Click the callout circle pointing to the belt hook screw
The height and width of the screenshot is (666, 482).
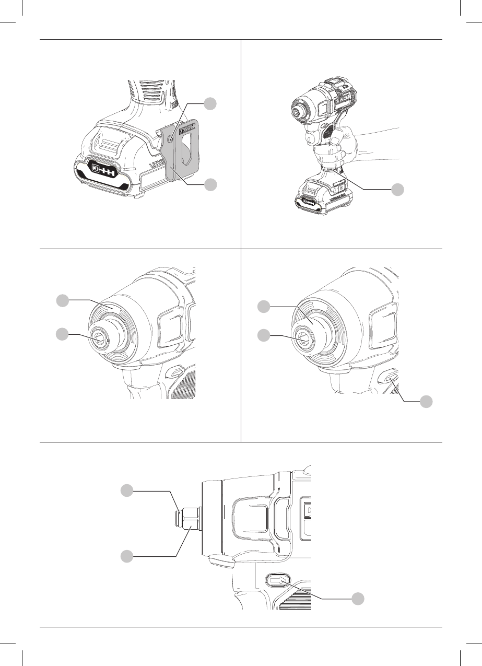(210, 104)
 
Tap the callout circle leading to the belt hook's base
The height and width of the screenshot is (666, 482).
(210, 184)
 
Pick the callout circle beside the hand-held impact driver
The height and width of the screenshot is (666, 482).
(398, 190)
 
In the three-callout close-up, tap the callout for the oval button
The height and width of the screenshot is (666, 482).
(427, 401)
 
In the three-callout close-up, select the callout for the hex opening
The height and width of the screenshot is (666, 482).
(265, 335)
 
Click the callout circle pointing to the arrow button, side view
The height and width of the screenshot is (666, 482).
(357, 599)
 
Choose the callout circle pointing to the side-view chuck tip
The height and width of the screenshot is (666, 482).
(126, 490)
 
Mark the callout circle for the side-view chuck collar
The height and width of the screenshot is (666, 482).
(126, 557)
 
